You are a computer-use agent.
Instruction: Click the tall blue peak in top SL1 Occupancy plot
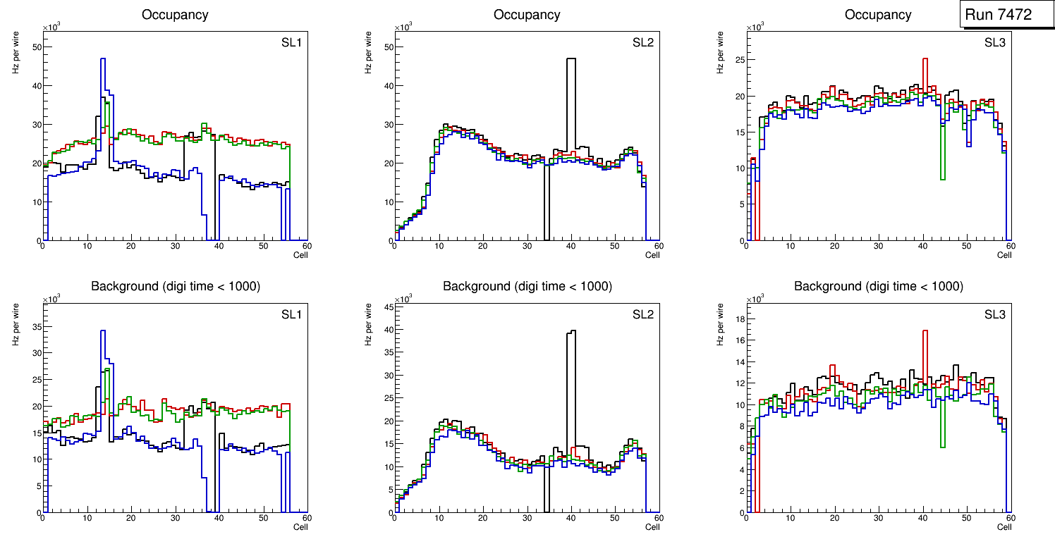click(103, 63)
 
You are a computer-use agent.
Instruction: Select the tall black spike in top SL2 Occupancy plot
click(571, 63)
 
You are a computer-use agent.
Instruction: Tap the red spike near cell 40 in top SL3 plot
click(925, 63)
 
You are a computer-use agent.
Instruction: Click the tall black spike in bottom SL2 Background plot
click(571, 335)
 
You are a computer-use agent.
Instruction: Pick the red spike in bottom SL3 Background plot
click(925, 335)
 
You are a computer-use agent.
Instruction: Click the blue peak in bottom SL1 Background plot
click(103, 335)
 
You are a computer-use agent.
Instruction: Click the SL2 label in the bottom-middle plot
click(643, 314)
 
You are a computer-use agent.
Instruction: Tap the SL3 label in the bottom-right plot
click(994, 314)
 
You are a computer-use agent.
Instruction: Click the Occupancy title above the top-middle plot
click(527, 15)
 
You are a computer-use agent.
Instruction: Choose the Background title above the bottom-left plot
click(174, 287)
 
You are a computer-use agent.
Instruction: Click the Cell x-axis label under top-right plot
click(1004, 254)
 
